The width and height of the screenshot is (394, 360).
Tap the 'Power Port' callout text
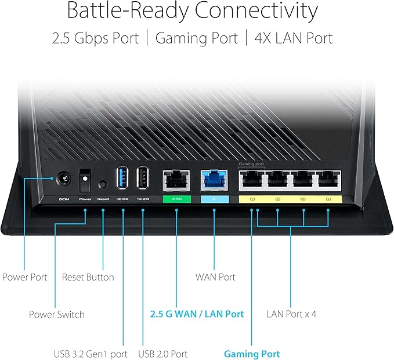pos(25,277)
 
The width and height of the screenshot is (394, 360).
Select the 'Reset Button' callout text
pos(88,277)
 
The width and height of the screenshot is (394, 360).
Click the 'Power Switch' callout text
pos(57,315)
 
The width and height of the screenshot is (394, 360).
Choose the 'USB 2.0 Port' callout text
pos(163,354)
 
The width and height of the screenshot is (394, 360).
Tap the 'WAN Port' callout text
pos(215,277)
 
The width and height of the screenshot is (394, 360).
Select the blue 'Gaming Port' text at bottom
pos(252,354)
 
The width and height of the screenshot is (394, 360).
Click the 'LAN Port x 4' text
pos(291,314)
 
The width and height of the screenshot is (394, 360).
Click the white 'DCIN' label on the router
pos(64,199)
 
